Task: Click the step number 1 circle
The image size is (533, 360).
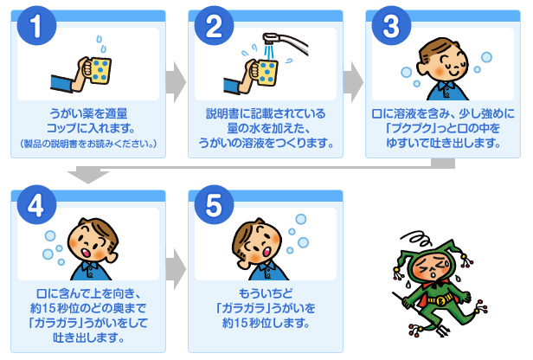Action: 36,25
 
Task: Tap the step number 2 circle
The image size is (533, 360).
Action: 215,25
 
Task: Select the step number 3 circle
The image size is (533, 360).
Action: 392,25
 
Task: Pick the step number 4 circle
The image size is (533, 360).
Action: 36,205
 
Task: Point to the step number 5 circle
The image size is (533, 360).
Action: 215,205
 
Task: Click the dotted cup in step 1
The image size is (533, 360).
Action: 99,71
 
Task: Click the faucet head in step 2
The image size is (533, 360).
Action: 271,37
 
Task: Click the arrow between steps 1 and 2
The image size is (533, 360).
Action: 177,82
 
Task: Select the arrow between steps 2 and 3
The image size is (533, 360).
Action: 354,82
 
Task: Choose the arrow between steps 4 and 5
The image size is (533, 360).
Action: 177,269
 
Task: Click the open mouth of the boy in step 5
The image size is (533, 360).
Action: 266,252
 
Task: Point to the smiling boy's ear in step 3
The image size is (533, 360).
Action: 422,69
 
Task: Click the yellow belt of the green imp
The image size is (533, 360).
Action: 440,299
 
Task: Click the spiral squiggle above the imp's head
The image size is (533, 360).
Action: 416,238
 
